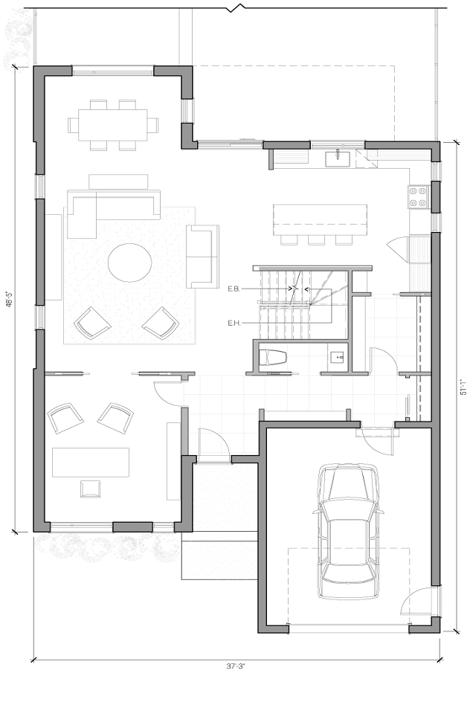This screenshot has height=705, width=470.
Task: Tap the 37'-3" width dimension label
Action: coord(235,666)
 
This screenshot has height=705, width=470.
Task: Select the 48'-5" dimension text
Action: coord(8,299)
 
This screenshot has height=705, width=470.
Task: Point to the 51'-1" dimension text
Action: coord(463,387)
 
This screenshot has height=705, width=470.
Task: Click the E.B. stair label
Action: coord(233,289)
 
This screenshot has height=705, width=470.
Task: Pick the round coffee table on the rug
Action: coord(130,263)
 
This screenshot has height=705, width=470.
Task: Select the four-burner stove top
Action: coord(417,196)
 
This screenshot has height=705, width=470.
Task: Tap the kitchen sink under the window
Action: coord(338,158)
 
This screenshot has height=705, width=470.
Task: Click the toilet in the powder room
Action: coord(272,358)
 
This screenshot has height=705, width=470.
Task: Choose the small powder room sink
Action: coord(338,358)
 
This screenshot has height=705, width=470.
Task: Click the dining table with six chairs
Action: coord(113,124)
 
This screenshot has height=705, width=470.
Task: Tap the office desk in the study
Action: coord(91,462)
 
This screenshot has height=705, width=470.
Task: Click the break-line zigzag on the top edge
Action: coord(237,8)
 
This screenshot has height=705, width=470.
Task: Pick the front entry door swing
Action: coord(214,444)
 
